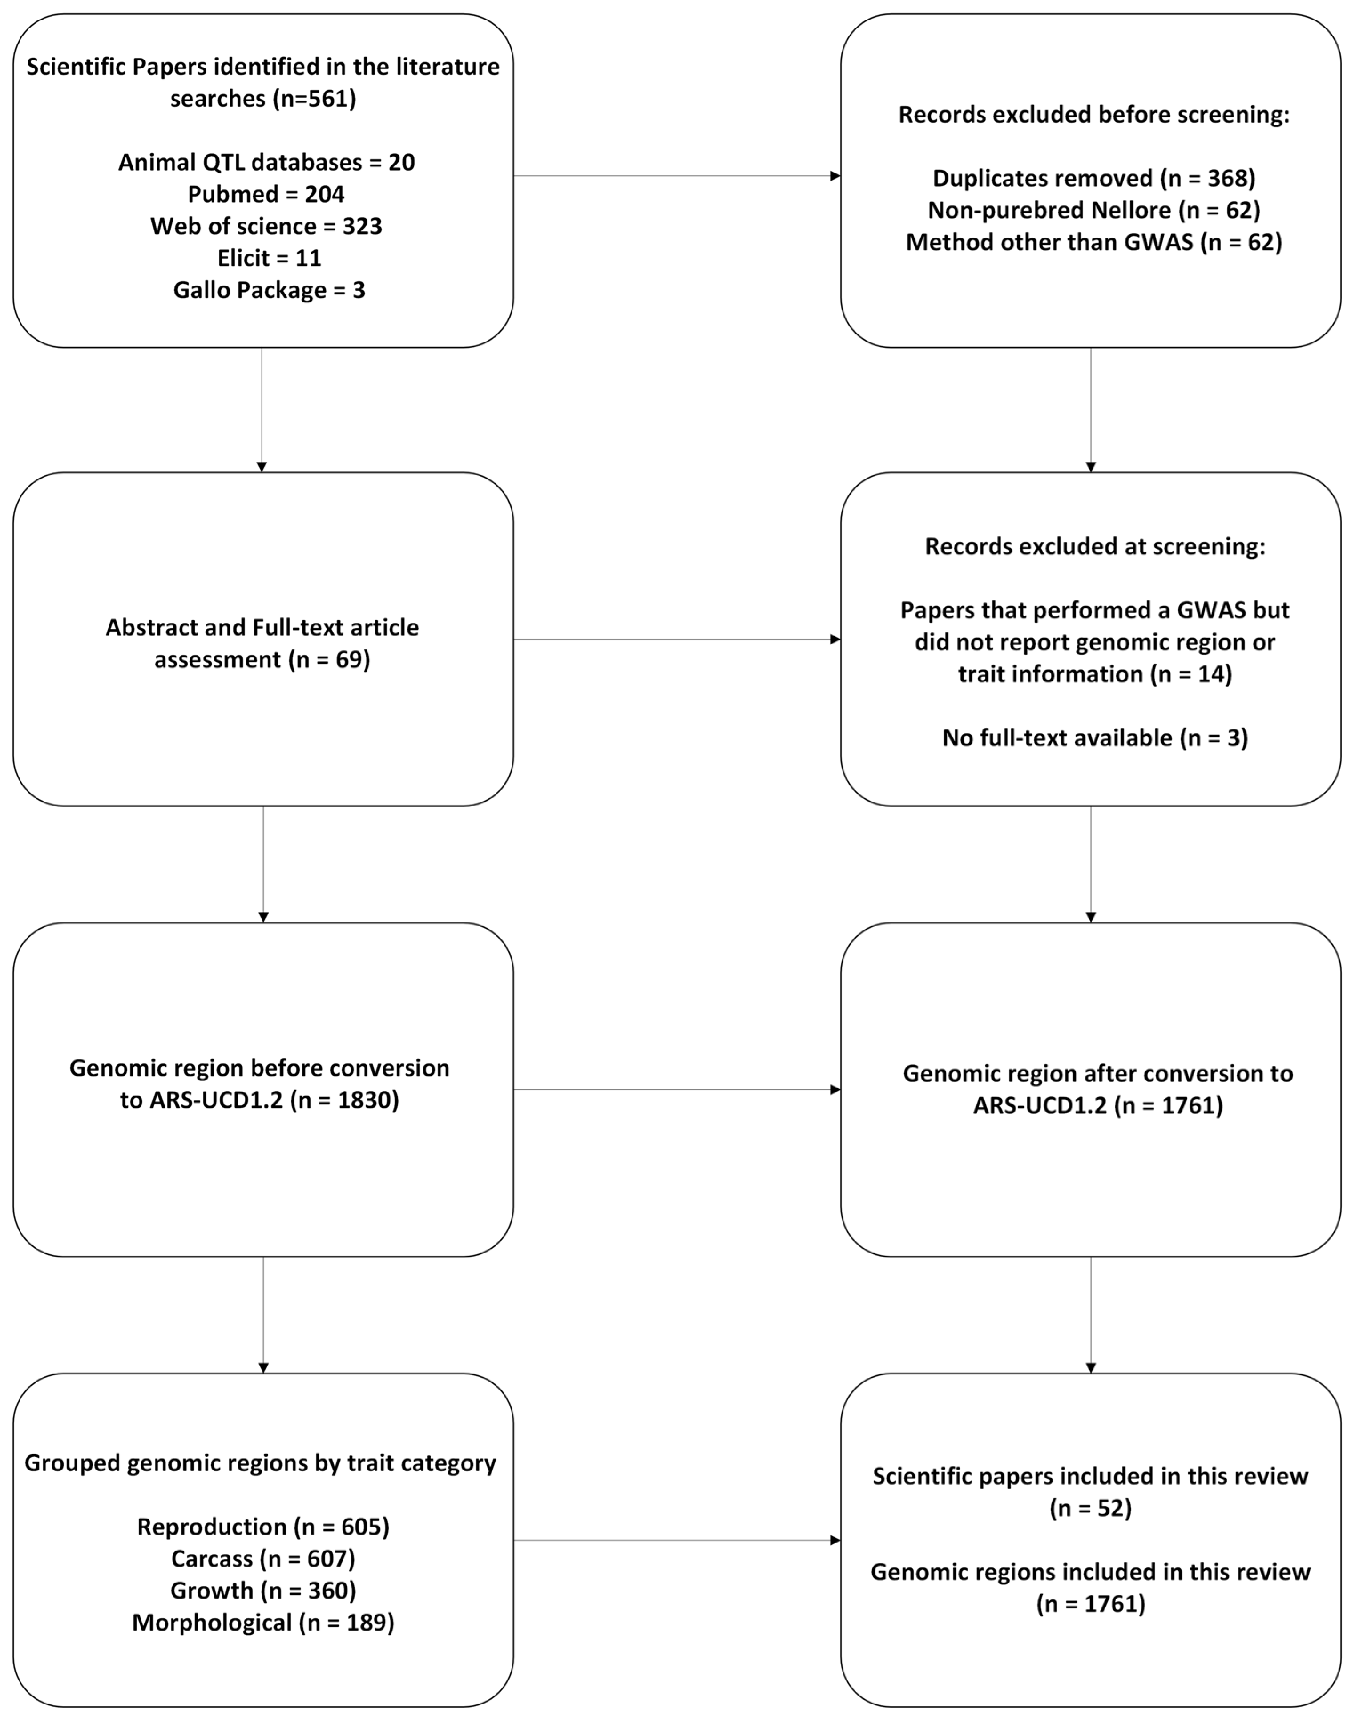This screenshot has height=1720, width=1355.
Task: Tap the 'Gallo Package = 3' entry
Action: [269, 290]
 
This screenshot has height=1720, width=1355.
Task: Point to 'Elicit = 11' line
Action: [269, 258]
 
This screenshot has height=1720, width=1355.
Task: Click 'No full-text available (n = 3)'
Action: [1094, 738]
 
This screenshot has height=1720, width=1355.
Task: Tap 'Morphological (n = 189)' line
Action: [262, 1623]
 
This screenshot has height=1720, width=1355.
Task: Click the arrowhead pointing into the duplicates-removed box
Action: [835, 176]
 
